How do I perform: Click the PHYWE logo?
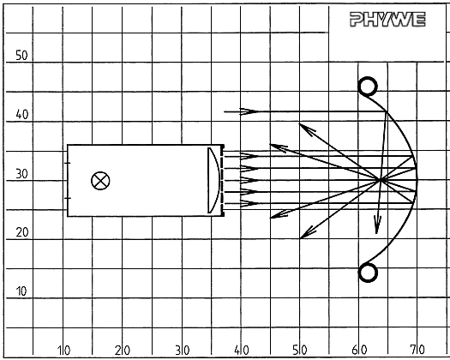coord(387,20)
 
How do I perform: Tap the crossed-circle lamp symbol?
coord(100,181)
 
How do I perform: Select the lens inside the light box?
coord(213,180)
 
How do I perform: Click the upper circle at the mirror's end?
coord(368,86)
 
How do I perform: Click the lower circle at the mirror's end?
coord(368,273)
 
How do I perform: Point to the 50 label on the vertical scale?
coord(21,56)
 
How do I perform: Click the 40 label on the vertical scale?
coord(22,115)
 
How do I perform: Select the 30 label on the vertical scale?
coord(21,174)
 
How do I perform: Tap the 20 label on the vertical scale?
coord(22,232)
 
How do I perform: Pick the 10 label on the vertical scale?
coord(21,291)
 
